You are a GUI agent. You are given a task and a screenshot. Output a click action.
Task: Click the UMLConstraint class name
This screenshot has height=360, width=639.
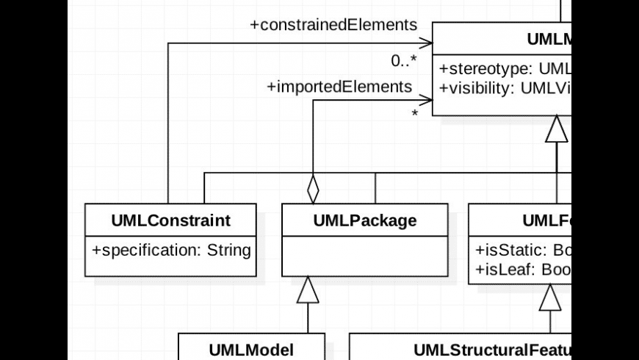pyautogui.click(x=171, y=220)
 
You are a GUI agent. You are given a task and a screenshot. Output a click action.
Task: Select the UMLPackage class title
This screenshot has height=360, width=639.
pyautogui.click(x=365, y=220)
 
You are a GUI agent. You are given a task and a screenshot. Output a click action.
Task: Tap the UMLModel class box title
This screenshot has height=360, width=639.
pyautogui.click(x=251, y=349)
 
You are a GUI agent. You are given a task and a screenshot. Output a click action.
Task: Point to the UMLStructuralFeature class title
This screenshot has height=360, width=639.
pyautogui.click(x=492, y=349)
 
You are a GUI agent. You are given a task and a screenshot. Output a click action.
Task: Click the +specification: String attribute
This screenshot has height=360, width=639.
pyautogui.click(x=171, y=250)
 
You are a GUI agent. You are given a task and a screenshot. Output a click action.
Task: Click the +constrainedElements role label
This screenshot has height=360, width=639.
pyautogui.click(x=333, y=25)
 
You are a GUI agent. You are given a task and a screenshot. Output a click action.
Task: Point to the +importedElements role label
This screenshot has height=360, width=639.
pyautogui.click(x=339, y=87)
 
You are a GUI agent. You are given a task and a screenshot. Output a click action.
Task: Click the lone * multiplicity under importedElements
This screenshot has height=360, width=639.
pyautogui.click(x=415, y=115)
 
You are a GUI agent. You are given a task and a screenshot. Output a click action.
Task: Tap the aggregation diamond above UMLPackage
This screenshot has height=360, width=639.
pyautogui.click(x=314, y=189)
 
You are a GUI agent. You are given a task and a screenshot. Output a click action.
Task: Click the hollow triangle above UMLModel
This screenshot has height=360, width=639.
pyautogui.click(x=308, y=290)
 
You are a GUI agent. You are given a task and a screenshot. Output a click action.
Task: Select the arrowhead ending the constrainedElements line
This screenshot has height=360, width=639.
pyautogui.click(x=426, y=43)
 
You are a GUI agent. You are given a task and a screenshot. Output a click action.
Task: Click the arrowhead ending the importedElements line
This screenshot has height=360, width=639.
pyautogui.click(x=426, y=100)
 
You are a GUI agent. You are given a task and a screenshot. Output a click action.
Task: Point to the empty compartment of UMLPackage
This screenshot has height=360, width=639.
pyautogui.click(x=365, y=256)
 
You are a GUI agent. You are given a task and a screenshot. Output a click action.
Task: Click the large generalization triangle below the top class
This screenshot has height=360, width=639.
pyautogui.click(x=557, y=129)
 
